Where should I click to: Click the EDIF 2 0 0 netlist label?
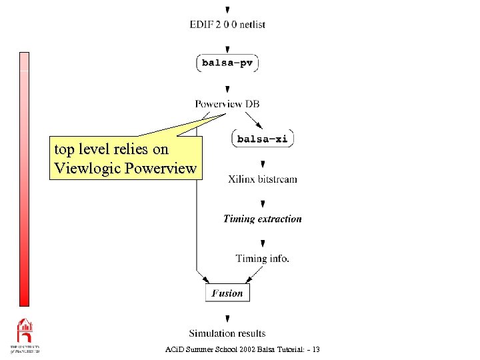(227, 25)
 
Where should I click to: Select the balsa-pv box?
(227, 63)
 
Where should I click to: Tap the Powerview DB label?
(227, 103)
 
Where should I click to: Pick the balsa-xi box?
(263, 139)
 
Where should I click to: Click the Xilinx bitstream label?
(263, 179)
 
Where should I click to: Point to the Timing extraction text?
(263, 219)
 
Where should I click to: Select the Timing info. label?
(263, 259)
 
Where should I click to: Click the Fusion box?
(227, 293)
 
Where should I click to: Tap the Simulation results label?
(227, 333)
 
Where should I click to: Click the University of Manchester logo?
(25, 336)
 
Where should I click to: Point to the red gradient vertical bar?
(24, 179)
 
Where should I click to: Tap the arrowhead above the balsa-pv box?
(228, 49)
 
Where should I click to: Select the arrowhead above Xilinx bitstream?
(263, 164)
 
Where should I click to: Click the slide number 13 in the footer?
(315, 349)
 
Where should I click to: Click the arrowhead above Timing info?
(263, 244)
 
